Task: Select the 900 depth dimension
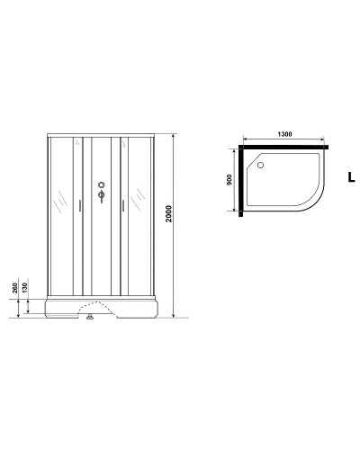pos(229,178)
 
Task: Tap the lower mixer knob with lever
pos(101,198)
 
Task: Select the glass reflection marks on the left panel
pos(59,202)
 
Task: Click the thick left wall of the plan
pos(240,180)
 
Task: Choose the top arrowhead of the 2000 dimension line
pos(174,136)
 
